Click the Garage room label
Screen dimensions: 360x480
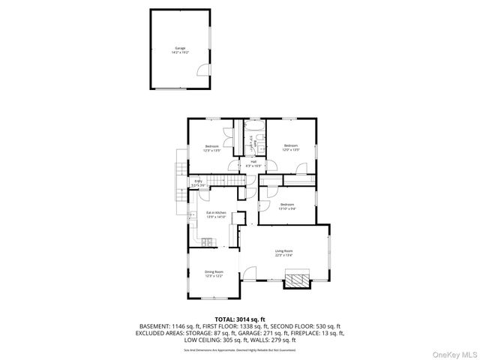tap(180, 50)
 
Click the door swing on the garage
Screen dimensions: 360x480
tap(201, 70)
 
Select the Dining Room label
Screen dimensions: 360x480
tap(214, 274)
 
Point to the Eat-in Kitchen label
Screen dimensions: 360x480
tap(217, 214)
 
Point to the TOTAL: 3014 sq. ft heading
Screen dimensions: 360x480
tap(240, 319)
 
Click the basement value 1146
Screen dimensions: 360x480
tap(177, 326)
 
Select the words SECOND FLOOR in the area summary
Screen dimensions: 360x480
tap(290, 326)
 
